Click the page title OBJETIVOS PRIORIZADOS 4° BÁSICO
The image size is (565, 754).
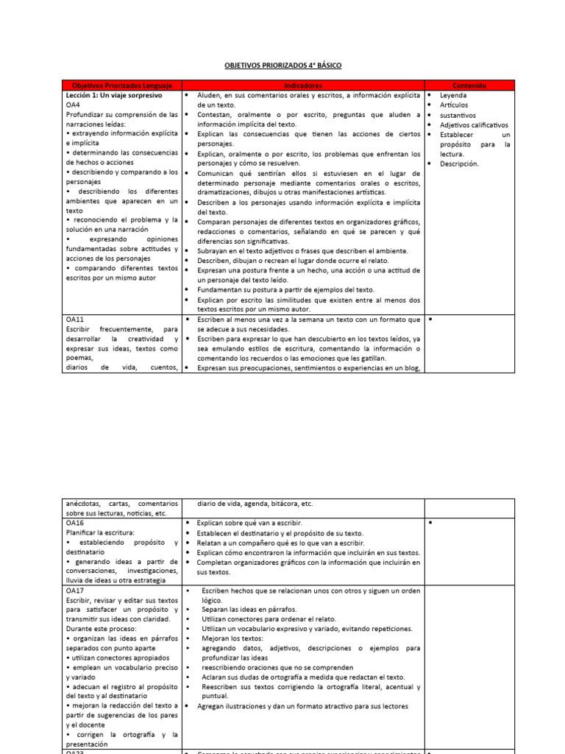(x=283, y=66)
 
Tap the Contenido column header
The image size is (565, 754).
(x=469, y=86)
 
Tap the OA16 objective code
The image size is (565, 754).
(x=75, y=522)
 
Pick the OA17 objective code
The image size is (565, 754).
(x=75, y=591)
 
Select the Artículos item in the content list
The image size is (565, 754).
(x=455, y=105)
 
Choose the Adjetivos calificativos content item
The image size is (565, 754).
(x=474, y=125)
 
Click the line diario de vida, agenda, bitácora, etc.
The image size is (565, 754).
(x=255, y=504)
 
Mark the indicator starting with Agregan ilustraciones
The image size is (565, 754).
(x=302, y=706)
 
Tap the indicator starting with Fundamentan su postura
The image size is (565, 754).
(x=286, y=290)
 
